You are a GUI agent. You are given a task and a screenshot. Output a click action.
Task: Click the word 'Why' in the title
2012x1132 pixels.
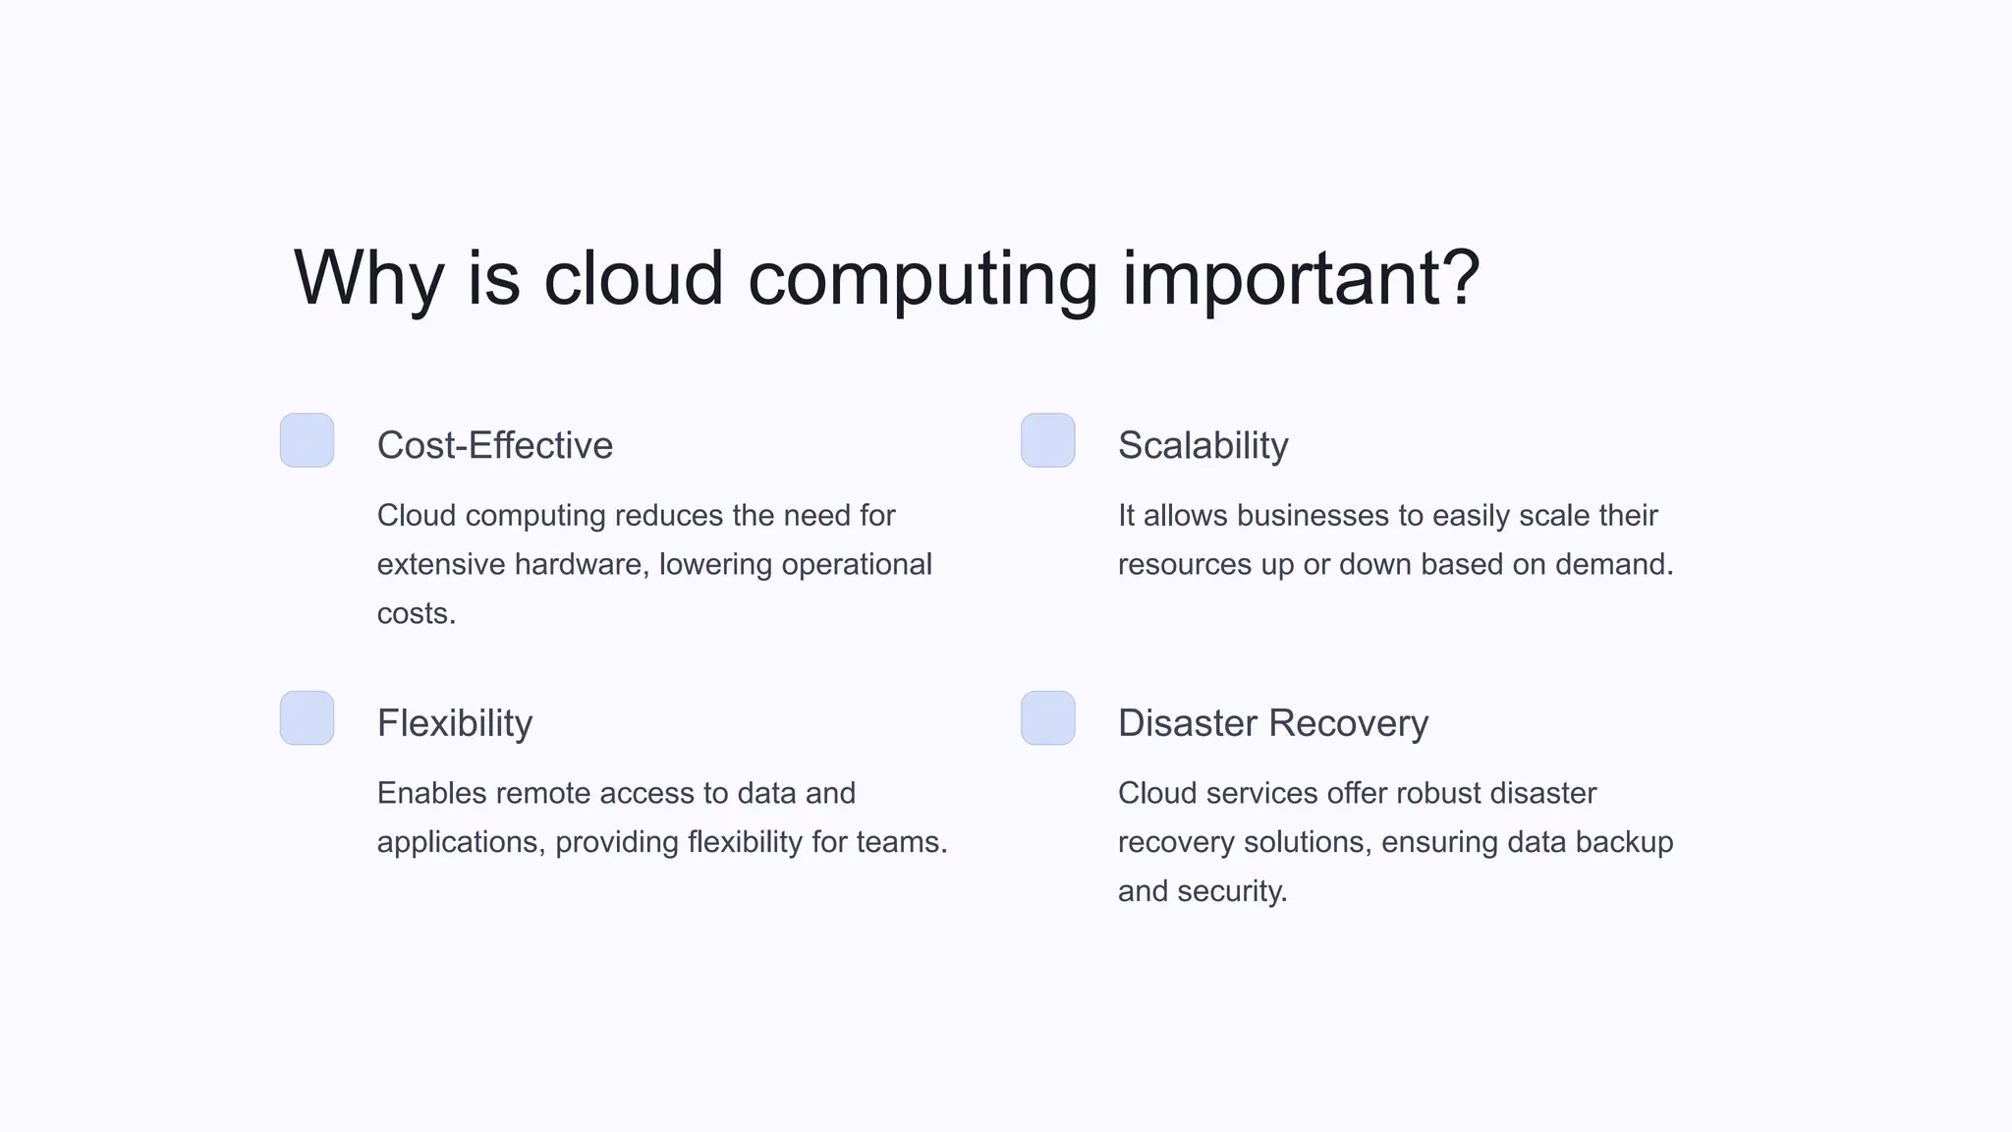click(x=368, y=279)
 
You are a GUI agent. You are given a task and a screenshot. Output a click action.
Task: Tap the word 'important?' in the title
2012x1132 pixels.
click(x=1301, y=279)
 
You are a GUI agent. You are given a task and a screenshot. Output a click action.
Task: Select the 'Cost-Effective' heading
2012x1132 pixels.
click(x=495, y=445)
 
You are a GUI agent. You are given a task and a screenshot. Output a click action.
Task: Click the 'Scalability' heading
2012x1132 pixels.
click(x=1202, y=445)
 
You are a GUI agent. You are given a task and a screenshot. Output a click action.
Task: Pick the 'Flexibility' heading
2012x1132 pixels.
click(x=455, y=723)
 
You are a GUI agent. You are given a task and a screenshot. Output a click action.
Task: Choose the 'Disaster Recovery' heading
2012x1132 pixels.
click(x=1272, y=723)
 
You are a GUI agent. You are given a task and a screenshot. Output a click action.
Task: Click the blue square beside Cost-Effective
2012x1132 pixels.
click(x=307, y=440)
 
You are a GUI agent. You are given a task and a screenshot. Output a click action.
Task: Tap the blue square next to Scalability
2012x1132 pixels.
click(x=1048, y=440)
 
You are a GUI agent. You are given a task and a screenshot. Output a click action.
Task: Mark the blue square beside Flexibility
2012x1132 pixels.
click(x=307, y=718)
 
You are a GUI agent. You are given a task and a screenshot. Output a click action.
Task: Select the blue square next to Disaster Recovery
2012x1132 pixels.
click(x=1048, y=718)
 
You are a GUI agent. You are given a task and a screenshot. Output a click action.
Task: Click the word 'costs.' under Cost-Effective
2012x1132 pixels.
click(x=417, y=614)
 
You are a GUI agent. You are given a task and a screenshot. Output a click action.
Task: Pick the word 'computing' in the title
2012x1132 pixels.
click(x=922, y=279)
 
